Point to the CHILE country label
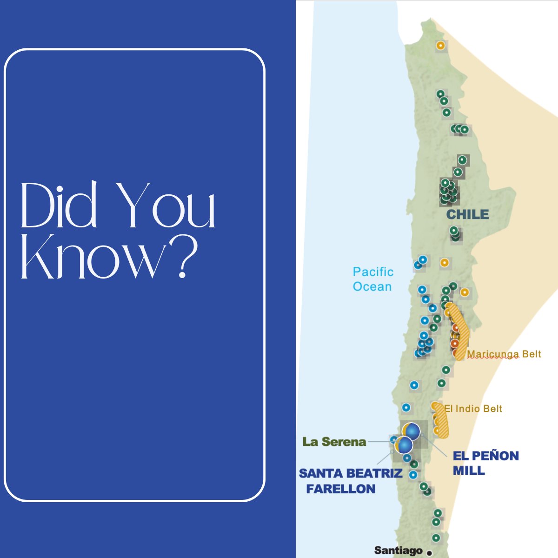[467, 214]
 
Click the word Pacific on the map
[373, 272]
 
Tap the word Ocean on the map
[372, 286]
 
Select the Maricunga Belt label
[504, 354]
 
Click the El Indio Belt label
[473, 409]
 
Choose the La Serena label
[334, 442]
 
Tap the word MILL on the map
[469, 471]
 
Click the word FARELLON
[341, 489]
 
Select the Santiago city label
[398, 551]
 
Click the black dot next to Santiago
[429, 553]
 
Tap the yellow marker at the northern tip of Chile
[440, 46]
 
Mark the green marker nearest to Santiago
[436, 538]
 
